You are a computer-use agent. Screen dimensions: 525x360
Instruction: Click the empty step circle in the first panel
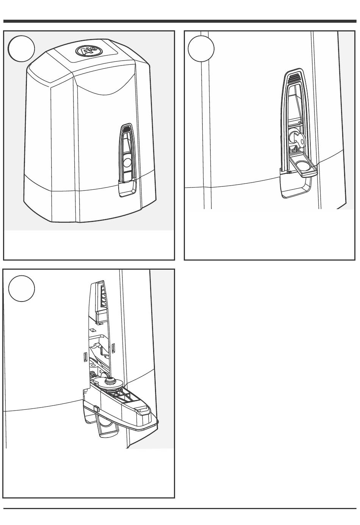(22, 49)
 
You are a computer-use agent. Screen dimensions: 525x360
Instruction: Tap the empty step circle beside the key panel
(201, 49)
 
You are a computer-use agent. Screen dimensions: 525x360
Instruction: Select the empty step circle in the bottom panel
(22, 289)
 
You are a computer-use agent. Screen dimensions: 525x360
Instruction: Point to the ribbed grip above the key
(294, 79)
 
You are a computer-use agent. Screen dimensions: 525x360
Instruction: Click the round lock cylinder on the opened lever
(112, 381)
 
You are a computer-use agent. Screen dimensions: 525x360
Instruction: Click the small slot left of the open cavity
(85, 356)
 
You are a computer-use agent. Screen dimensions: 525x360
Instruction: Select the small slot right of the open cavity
(114, 347)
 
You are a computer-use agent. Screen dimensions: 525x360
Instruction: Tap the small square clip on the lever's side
(96, 408)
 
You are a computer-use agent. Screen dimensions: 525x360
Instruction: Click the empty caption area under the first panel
(89, 244)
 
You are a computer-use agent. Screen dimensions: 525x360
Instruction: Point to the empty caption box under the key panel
(269, 234)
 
